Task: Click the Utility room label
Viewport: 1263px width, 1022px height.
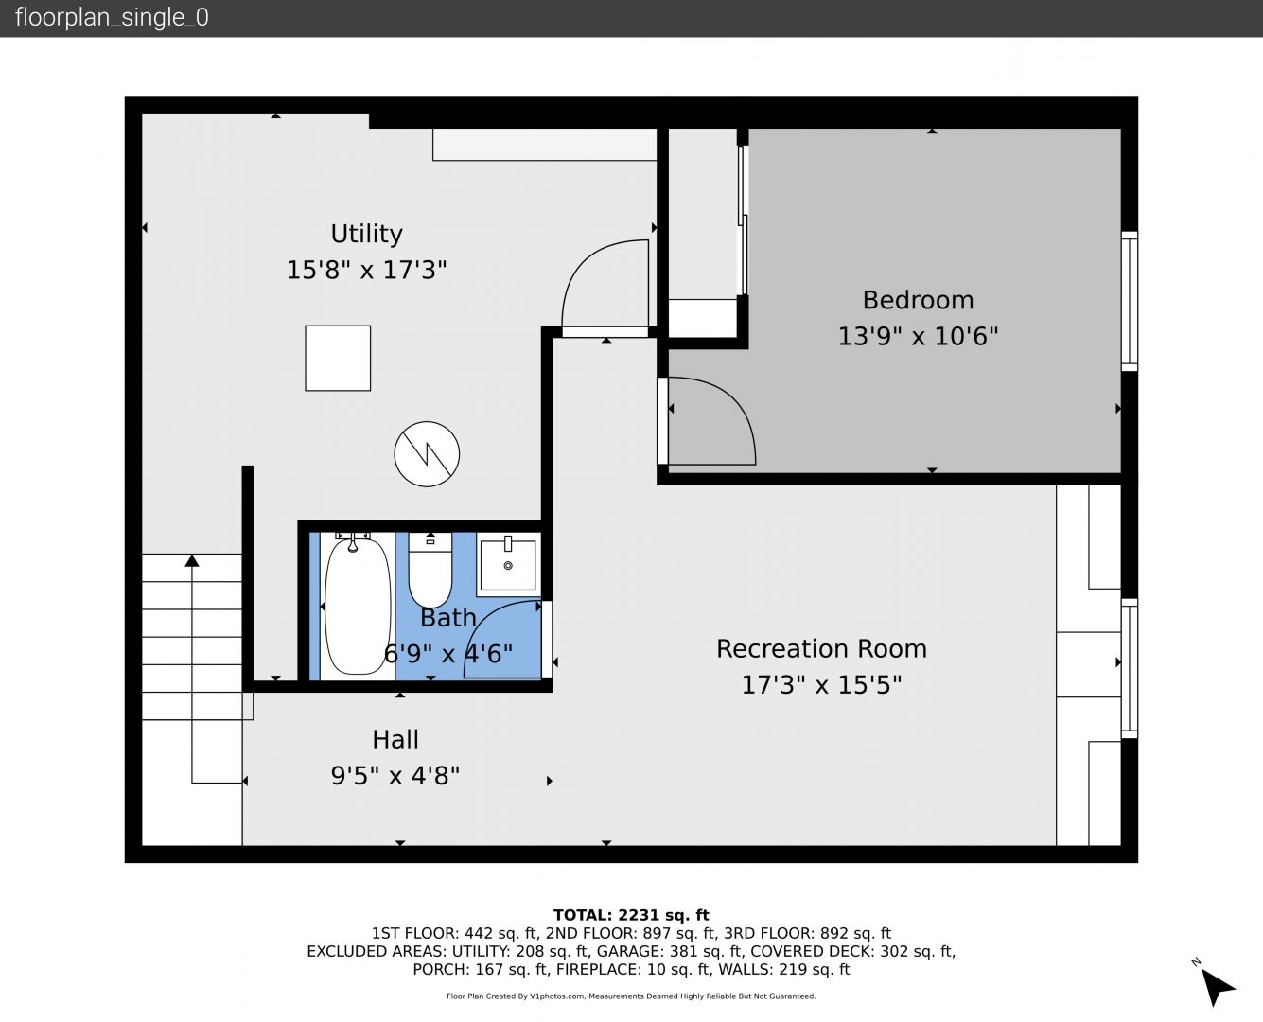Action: pos(366,234)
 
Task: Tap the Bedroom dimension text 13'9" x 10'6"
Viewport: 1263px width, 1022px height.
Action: pos(918,336)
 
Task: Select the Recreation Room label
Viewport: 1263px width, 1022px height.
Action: pos(821,649)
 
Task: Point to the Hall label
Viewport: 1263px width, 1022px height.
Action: pos(395,740)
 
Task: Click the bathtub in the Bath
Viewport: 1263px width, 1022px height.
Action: pos(358,605)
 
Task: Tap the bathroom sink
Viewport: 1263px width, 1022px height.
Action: pos(508,564)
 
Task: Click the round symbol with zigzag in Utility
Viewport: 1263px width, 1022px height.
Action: pos(427,454)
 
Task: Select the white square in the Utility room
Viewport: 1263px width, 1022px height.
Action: pos(338,359)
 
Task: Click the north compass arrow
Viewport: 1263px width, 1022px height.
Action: pos(1217,988)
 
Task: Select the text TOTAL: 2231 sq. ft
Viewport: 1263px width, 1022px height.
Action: pos(631,915)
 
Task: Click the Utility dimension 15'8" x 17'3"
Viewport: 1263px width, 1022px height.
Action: pos(366,271)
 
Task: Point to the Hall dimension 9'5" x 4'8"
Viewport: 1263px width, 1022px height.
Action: pos(395,776)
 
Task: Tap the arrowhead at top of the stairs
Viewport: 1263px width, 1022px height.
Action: pos(191,560)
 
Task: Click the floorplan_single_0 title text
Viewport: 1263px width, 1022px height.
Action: pos(112,18)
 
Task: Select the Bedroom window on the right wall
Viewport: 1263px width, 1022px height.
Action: pos(1130,301)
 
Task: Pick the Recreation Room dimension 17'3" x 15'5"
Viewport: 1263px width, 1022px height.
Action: pos(821,685)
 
